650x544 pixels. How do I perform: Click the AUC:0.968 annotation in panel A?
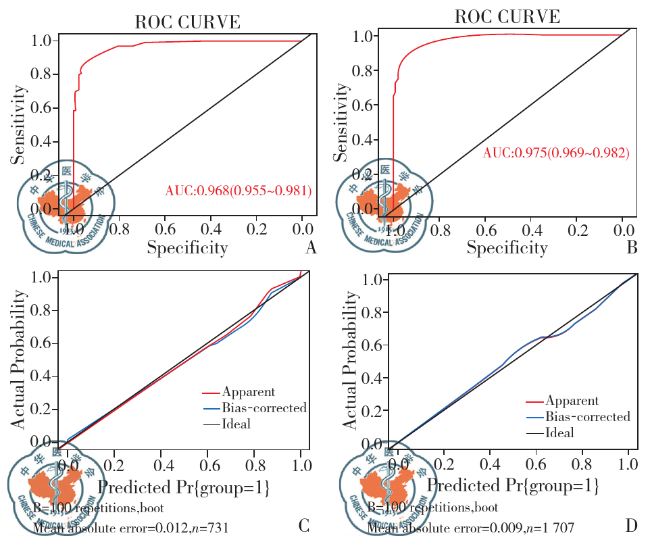[x=239, y=191]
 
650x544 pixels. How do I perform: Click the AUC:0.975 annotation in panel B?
[x=556, y=153]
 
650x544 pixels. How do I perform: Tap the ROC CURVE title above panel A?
[x=188, y=22]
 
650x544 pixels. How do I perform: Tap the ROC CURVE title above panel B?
[x=508, y=16]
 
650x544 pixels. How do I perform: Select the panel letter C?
[x=303, y=525]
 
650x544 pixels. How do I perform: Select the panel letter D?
[x=632, y=525]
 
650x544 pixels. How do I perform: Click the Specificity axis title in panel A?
[x=188, y=248]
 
